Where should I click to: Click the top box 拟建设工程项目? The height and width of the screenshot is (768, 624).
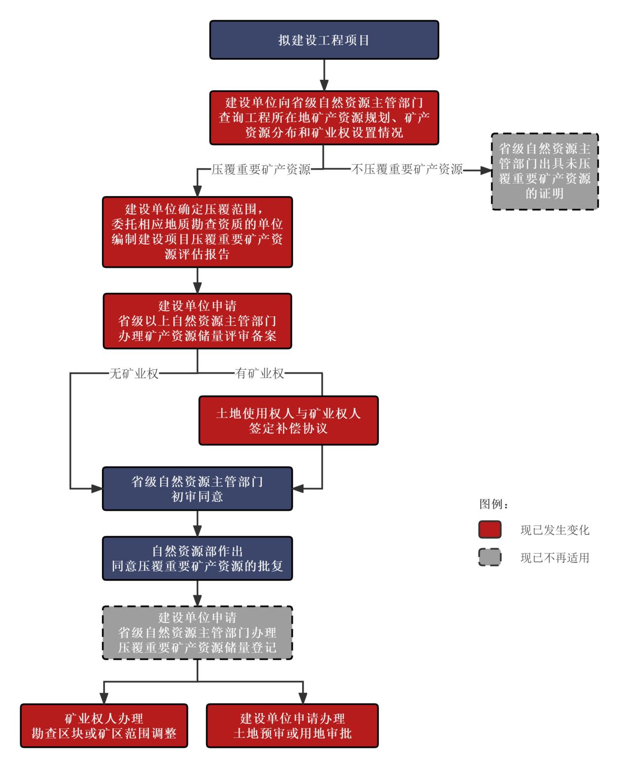click(324, 40)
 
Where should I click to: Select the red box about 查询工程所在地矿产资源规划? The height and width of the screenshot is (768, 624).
click(324, 117)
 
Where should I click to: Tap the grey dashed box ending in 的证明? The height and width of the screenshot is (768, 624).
click(545, 171)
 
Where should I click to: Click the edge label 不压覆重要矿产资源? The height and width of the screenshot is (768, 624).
click(407, 170)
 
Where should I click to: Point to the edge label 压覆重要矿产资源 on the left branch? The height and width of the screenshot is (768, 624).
click(261, 170)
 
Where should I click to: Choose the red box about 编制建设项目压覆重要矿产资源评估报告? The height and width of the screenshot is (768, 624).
click(197, 232)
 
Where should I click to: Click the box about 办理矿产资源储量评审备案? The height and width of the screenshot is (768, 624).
click(197, 321)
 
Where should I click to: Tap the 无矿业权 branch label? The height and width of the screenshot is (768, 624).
click(134, 373)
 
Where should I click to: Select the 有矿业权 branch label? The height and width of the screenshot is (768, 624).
click(260, 373)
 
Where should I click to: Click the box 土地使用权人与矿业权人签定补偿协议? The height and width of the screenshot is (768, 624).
click(288, 420)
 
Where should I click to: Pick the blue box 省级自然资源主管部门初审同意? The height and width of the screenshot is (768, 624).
click(197, 489)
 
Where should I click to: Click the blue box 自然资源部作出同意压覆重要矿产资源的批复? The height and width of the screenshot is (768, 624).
click(197, 558)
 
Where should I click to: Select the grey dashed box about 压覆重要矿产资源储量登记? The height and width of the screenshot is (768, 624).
click(197, 632)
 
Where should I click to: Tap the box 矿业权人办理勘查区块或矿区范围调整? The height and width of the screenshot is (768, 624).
click(104, 726)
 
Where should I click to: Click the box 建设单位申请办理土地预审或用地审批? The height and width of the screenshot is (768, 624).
click(292, 726)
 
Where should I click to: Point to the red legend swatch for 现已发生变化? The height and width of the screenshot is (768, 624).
click(489, 530)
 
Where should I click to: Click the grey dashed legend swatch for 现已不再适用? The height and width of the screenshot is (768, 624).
click(489, 558)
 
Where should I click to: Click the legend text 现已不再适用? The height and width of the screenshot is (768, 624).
click(555, 558)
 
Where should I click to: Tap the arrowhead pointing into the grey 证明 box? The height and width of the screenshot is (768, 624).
click(486, 170)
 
